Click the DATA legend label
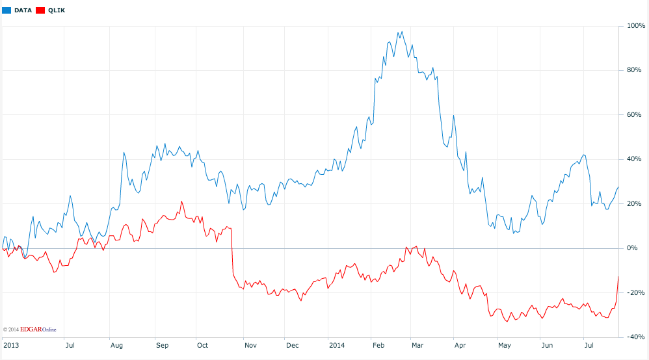[23, 10]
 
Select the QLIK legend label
[57, 10]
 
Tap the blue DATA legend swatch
[6, 10]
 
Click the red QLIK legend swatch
[40, 10]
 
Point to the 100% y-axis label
[636, 26]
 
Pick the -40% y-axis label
[635, 337]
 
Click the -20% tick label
[635, 292]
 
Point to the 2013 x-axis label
[10, 345]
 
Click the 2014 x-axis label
[337, 345]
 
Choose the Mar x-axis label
[417, 345]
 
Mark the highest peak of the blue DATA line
[401, 31]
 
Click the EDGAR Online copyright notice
[30, 329]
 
